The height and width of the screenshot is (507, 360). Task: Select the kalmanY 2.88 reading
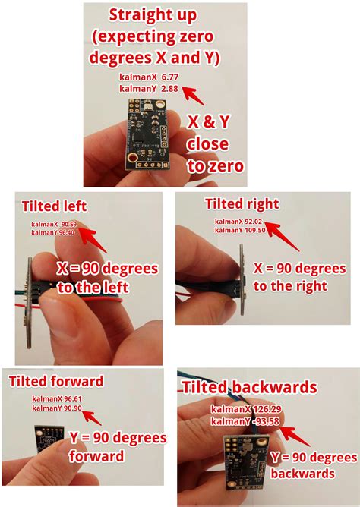click(x=147, y=89)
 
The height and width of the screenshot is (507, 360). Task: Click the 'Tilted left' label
click(x=54, y=206)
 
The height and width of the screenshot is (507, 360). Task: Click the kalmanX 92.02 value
click(x=239, y=221)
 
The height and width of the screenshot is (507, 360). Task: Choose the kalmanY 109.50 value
click(x=240, y=230)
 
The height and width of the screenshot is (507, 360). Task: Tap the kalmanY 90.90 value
click(x=57, y=409)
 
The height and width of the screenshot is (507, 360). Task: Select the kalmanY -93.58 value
click(x=242, y=420)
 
